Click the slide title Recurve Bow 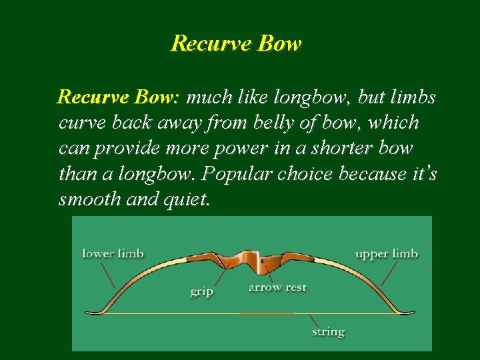[237, 43]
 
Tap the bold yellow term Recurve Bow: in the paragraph [118, 98]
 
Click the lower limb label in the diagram [113, 253]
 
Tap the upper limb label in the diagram [387, 253]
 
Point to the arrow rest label [277, 287]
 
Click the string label [328, 331]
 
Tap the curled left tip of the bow [93, 310]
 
